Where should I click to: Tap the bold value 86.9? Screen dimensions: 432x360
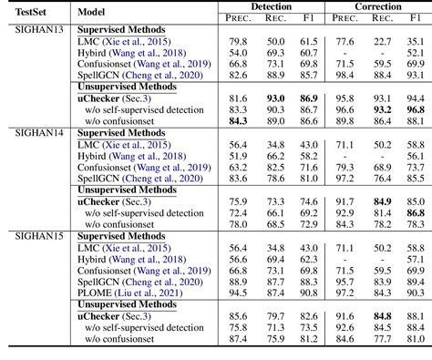click(310, 98)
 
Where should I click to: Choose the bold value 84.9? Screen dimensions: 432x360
click(382, 201)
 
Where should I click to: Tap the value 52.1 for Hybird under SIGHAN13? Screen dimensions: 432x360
click(415, 53)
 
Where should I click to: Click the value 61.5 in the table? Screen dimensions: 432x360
click(310, 42)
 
